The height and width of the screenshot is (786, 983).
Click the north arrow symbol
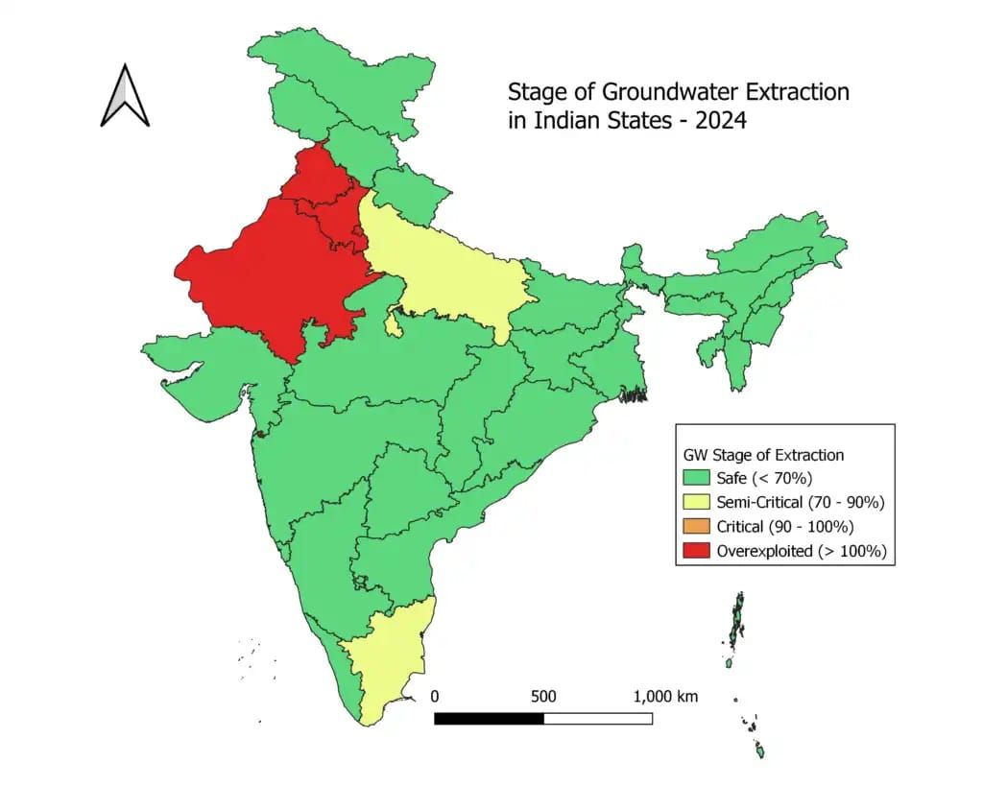125,95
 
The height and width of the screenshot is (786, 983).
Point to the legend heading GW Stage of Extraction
763,455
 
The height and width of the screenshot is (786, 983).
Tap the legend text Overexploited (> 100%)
801,551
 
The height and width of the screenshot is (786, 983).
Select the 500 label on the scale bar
543,696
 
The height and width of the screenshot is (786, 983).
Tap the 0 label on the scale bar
435,696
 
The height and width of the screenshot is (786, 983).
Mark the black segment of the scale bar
489,718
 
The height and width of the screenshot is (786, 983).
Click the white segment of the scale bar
598,718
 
